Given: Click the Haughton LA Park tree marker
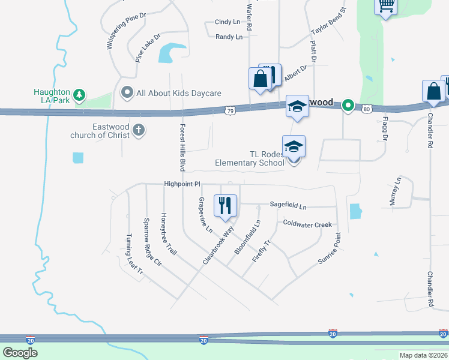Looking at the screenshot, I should pyautogui.click(x=79, y=95).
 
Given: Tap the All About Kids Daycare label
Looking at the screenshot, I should pyautogui.click(x=179, y=93).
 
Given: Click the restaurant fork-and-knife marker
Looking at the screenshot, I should pyautogui.click(x=225, y=205).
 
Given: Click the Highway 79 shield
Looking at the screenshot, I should pyautogui.click(x=231, y=110).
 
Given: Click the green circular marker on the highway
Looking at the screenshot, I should pyautogui.click(x=348, y=106).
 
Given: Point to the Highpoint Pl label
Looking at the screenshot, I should pyautogui.click(x=181, y=184).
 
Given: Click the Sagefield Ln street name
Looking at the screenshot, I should pyautogui.click(x=288, y=206).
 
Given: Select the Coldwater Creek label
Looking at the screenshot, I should pyautogui.click(x=307, y=224).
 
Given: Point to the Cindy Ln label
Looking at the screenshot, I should pyautogui.click(x=228, y=22).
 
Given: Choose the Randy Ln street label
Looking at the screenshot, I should pyautogui.click(x=229, y=37).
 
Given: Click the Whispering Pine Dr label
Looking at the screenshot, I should pyautogui.click(x=126, y=31).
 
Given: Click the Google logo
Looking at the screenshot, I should pyautogui.click(x=20, y=352).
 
